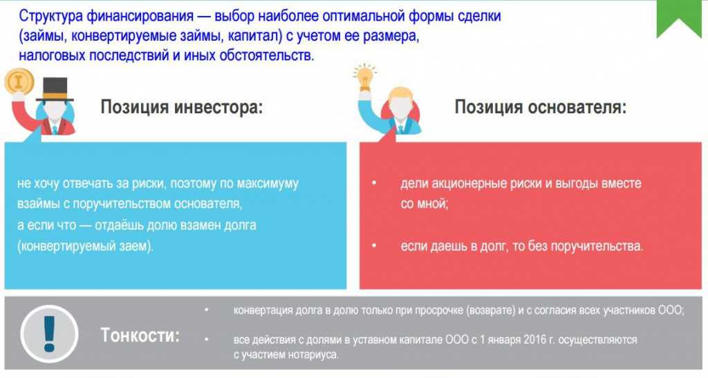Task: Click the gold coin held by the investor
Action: point(19,82)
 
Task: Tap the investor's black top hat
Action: point(55,89)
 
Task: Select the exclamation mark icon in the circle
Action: point(49,334)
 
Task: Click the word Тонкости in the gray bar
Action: point(140,335)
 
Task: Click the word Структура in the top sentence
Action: point(50,16)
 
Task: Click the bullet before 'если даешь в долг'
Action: point(374,246)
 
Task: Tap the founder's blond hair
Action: point(400,94)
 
